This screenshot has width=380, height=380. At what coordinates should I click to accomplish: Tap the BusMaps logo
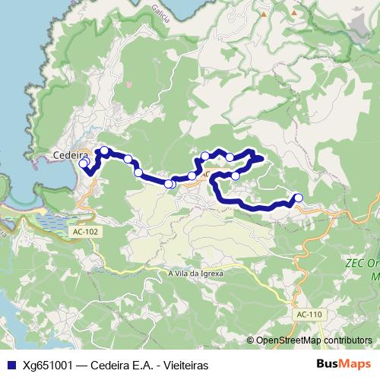(344, 364)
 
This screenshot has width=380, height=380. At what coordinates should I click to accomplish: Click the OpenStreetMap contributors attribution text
(314, 340)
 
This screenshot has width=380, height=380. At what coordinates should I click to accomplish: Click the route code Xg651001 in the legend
(47, 365)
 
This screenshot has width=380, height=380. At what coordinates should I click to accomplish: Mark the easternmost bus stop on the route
(298, 198)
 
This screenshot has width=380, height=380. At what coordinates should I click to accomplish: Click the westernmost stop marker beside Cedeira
(84, 163)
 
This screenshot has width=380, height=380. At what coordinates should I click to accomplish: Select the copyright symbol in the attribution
(251, 340)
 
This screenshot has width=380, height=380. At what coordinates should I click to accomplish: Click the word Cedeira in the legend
(109, 365)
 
